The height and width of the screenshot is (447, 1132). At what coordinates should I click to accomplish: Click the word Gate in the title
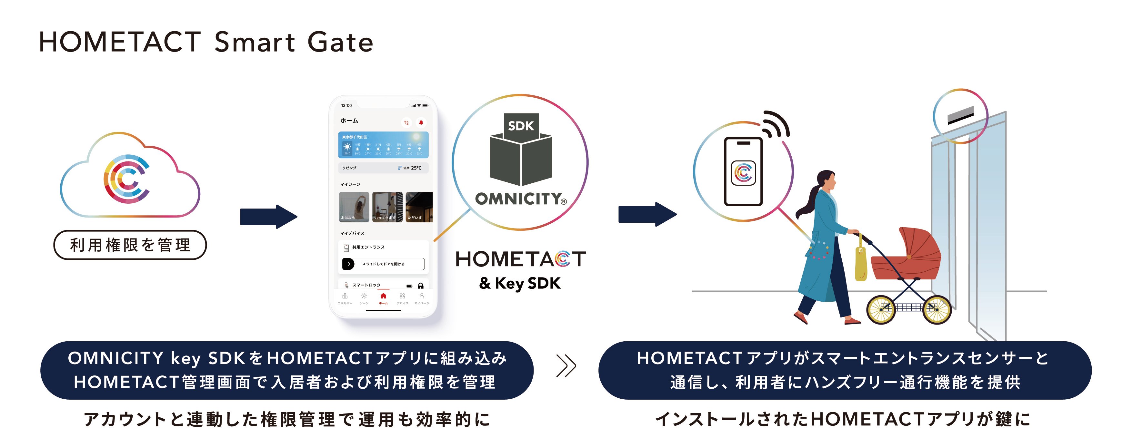tap(340, 42)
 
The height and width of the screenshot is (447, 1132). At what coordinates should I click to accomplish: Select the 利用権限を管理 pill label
tap(130, 245)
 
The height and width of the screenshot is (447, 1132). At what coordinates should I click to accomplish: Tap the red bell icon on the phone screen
tap(421, 122)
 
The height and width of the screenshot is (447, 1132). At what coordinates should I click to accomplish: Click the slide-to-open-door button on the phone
tap(383, 264)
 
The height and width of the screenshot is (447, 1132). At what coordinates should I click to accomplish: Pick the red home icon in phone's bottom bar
tap(383, 296)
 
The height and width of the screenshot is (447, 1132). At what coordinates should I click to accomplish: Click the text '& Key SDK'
tap(520, 283)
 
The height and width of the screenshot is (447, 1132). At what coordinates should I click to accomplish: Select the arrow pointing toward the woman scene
tap(647, 214)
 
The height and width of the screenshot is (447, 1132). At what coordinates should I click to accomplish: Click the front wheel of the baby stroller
tap(937, 310)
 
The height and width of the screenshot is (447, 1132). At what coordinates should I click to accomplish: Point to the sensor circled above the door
tap(961, 116)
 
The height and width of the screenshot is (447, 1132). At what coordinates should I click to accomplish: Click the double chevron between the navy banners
tap(566, 366)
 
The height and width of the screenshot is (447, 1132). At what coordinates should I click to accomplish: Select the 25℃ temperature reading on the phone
tap(416, 168)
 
